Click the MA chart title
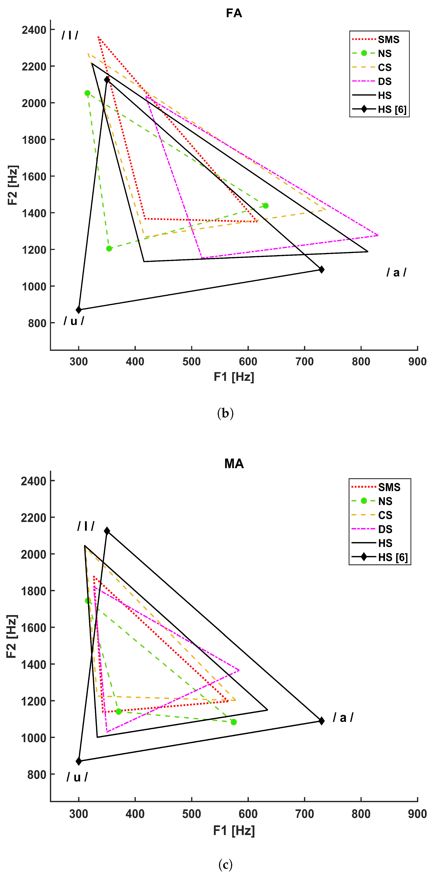(x=234, y=464)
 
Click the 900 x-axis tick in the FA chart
(x=417, y=361)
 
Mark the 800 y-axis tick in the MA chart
(x=37, y=775)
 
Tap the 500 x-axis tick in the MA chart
(x=191, y=814)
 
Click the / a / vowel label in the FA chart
(x=396, y=272)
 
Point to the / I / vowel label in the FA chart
(x=70, y=35)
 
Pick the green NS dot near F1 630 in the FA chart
(x=265, y=206)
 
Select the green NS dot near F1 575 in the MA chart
(x=233, y=722)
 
